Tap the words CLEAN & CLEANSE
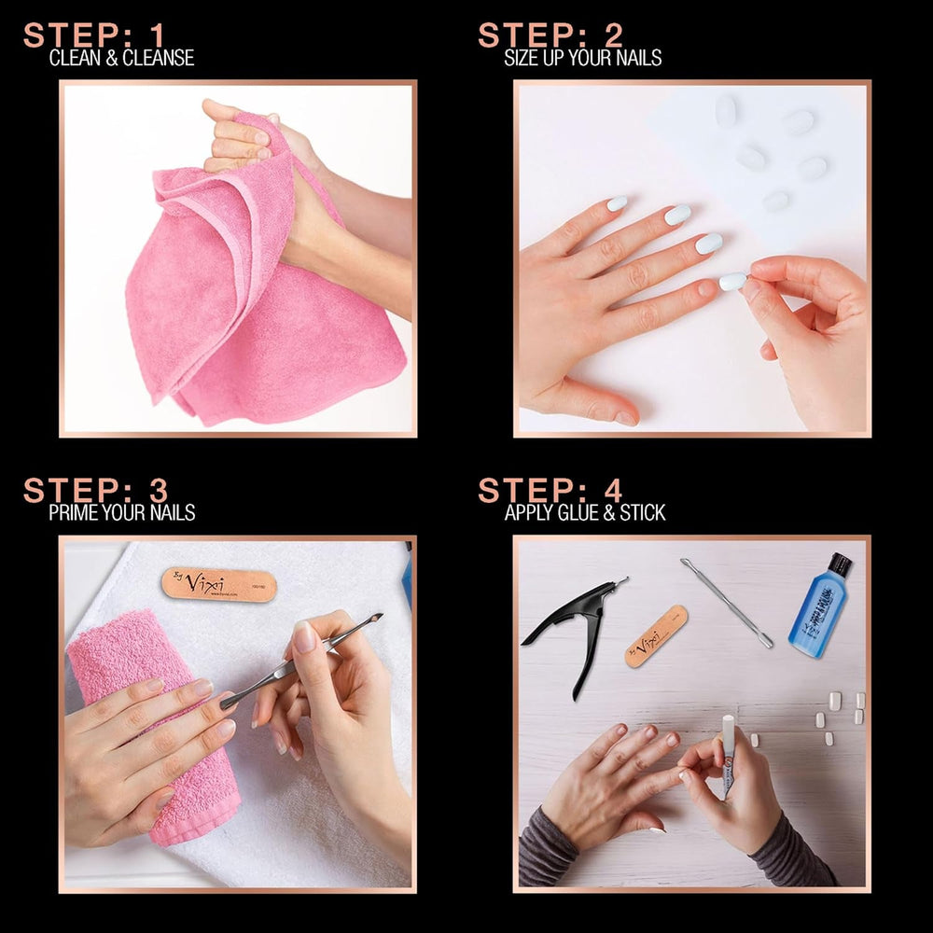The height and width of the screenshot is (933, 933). (121, 58)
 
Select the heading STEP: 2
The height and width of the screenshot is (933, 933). (550, 35)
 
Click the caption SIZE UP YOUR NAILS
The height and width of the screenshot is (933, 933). (582, 58)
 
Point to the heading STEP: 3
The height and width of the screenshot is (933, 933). (95, 490)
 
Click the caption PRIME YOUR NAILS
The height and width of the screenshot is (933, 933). (121, 512)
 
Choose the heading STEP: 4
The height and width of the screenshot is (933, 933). (550, 490)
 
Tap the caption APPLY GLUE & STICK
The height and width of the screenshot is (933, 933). (585, 512)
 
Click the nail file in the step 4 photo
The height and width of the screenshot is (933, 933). (656, 635)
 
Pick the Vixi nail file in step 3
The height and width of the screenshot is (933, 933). (218, 584)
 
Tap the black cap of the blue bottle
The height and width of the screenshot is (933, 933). (841, 564)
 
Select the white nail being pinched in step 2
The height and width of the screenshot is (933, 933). (733, 281)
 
